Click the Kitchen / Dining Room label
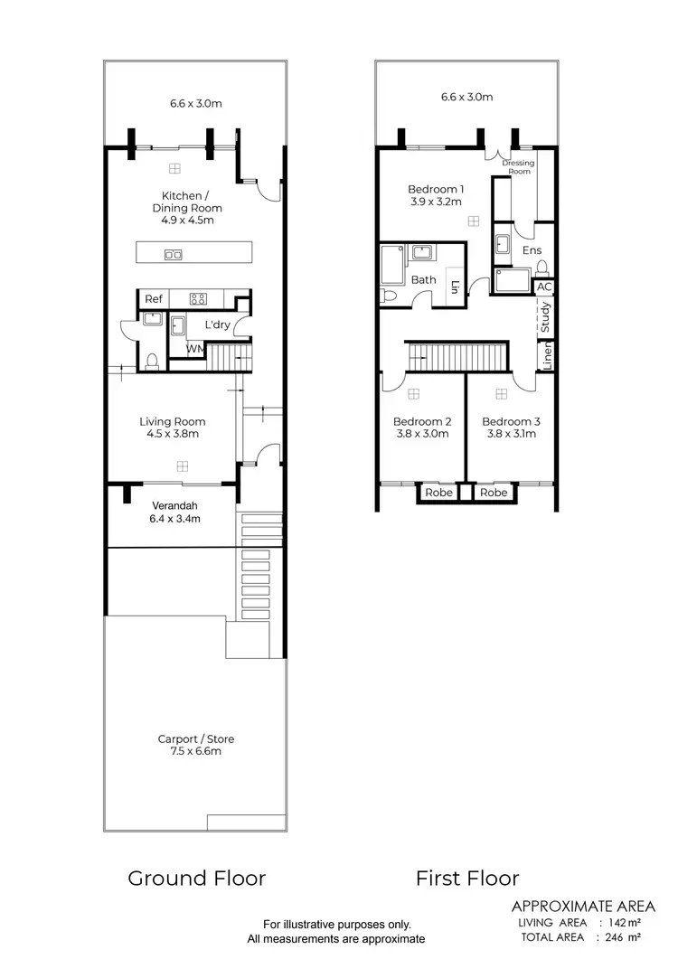coord(192,202)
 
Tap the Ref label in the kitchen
coord(154,299)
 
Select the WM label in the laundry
coord(194,348)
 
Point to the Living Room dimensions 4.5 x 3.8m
coord(173,434)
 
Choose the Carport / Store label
coord(195,739)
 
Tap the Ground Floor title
coord(196,878)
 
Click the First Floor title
coord(467,878)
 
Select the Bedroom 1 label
coord(436,189)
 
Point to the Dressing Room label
coord(520,167)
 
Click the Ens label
coord(532,250)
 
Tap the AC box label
coord(543,287)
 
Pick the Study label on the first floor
coord(546,319)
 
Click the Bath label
coord(423,280)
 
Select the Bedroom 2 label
coord(421,421)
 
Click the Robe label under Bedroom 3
coord(494,493)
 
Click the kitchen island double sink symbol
coord(173,255)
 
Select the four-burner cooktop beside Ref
coord(199,299)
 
